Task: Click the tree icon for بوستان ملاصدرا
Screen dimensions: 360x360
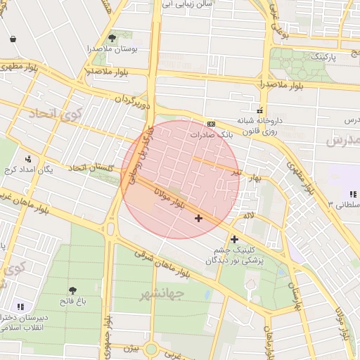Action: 112,38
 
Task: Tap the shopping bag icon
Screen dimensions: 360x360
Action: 13,39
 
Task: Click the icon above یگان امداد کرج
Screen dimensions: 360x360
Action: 28,159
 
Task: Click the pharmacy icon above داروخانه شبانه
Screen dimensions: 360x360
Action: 260,110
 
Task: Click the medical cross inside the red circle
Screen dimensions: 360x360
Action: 198,218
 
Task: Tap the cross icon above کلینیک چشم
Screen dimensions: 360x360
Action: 234,239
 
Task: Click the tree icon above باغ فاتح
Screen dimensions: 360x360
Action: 73,290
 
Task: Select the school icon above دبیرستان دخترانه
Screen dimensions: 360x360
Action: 20,307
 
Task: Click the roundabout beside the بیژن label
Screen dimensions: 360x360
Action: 150,349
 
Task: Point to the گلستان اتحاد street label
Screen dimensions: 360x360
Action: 91,167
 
